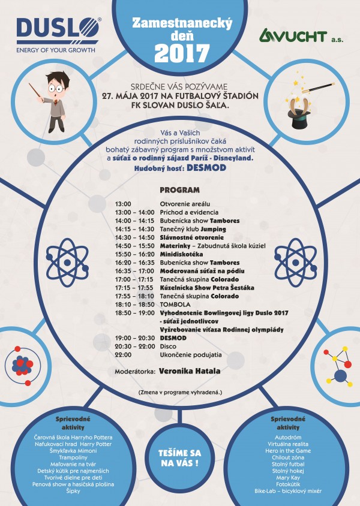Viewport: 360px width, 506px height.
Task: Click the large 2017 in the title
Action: click(x=179, y=54)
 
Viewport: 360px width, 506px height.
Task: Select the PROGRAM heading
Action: click(x=179, y=190)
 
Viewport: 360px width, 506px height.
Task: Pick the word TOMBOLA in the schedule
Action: click(x=175, y=305)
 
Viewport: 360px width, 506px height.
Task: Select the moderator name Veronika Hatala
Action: click(x=190, y=371)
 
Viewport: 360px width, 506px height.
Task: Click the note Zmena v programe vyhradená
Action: click(x=179, y=392)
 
